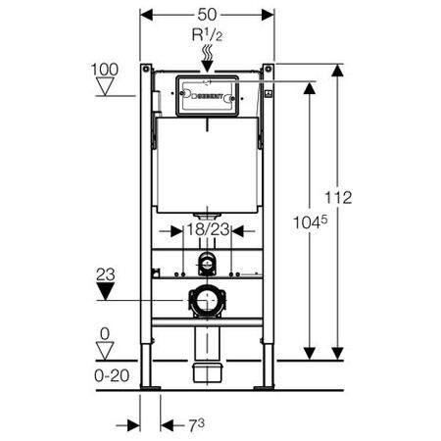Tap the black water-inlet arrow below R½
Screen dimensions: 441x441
click(207, 63)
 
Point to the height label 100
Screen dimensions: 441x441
click(106, 71)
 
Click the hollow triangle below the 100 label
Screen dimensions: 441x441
click(106, 89)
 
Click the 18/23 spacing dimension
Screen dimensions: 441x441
click(207, 231)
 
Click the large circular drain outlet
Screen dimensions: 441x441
click(207, 302)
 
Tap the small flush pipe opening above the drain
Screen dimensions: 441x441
click(207, 263)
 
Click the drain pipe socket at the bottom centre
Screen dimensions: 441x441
click(207, 370)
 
